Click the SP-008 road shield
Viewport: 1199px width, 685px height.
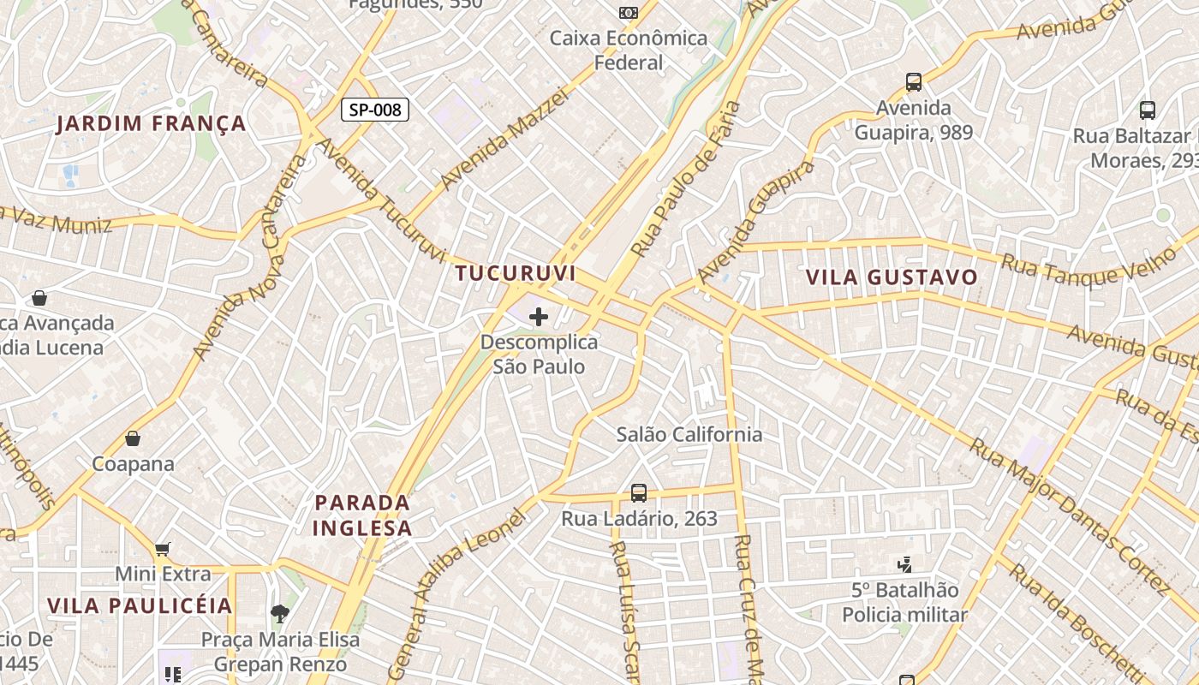pos(375,110)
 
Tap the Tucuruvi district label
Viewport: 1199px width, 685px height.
pos(515,273)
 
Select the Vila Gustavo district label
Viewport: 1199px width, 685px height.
pos(892,277)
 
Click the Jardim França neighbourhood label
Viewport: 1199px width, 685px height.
pos(152,124)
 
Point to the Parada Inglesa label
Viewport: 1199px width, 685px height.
pos(362,515)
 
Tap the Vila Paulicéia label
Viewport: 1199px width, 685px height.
pos(140,605)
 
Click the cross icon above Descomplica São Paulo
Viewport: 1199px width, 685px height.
pos(538,318)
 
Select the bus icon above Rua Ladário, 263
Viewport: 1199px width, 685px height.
pos(639,493)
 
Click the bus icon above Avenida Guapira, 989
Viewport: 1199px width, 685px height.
pos(914,83)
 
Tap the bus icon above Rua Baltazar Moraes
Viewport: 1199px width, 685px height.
pos(1147,110)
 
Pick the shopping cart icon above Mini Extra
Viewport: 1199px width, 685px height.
pos(162,549)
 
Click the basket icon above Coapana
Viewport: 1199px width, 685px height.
pos(133,438)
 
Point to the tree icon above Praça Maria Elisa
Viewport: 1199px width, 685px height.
pos(279,613)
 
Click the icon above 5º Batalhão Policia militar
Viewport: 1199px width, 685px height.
pos(904,564)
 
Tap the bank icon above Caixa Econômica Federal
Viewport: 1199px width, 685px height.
pos(629,13)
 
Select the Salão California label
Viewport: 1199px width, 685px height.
pos(689,434)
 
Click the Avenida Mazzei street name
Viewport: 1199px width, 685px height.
pos(504,139)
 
